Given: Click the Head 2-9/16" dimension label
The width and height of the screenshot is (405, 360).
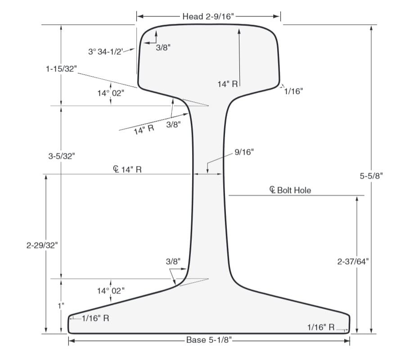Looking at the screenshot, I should pyautogui.click(x=209, y=17).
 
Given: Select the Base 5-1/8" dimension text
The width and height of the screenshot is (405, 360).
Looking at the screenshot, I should pyautogui.click(x=209, y=340).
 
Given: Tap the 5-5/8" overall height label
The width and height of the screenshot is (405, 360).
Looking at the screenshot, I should pyautogui.click(x=371, y=176).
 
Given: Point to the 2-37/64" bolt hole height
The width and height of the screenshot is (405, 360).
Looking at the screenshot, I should pyautogui.click(x=353, y=261).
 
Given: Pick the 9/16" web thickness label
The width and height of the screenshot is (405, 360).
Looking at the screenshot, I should pyautogui.click(x=244, y=152).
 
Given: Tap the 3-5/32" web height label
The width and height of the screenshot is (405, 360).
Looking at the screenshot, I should pyautogui.click(x=62, y=156).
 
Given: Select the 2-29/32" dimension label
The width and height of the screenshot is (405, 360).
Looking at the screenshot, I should pyautogui.click(x=42, y=245).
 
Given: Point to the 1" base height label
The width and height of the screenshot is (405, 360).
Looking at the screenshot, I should pyautogui.click(x=61, y=306).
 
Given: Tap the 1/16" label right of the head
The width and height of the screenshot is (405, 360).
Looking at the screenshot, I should pyautogui.click(x=293, y=91).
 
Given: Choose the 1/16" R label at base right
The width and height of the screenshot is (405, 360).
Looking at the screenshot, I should pyautogui.click(x=321, y=327).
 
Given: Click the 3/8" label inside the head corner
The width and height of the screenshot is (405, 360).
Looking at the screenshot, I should pyautogui.click(x=163, y=47).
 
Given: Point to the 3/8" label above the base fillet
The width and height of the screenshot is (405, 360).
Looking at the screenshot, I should pyautogui.click(x=173, y=261).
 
